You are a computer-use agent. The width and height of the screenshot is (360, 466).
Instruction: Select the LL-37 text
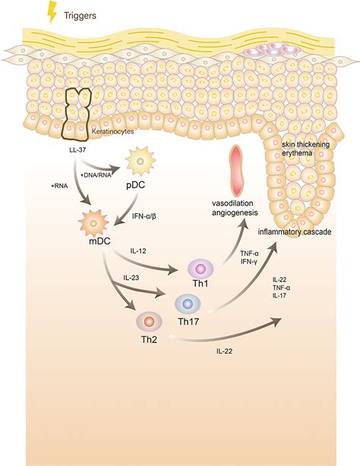(77, 161)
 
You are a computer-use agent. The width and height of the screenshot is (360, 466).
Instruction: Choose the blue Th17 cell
(187, 305)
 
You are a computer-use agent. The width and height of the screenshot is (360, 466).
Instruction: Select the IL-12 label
(139, 248)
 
